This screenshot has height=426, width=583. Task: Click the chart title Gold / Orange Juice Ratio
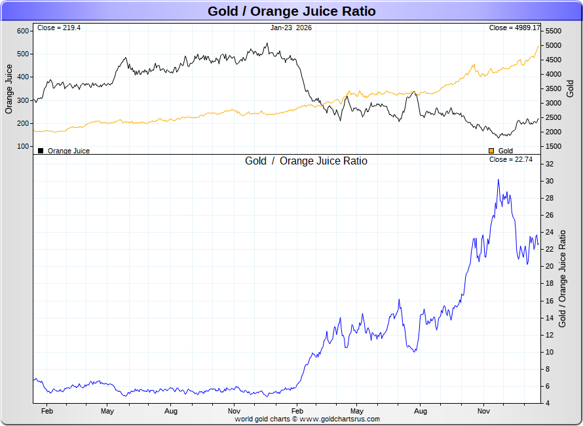291,11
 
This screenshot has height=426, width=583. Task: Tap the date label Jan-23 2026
291,28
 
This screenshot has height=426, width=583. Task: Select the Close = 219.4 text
59,28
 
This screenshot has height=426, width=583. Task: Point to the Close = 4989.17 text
515,28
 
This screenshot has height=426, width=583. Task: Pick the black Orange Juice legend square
41,151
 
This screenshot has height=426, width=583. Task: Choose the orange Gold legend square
491,151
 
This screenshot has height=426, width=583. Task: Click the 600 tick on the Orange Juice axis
22,31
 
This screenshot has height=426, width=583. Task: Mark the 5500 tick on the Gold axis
554,31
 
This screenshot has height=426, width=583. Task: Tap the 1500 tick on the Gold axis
554,146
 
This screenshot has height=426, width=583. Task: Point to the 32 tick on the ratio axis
550,164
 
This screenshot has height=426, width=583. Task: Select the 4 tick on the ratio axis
548,403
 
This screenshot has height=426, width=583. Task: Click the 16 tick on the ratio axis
550,301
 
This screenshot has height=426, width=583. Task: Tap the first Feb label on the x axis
47,411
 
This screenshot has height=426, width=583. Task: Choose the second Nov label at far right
483,411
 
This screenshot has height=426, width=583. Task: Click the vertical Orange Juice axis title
9,88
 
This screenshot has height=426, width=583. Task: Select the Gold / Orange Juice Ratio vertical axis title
562,283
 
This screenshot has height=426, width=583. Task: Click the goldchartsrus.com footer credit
307,419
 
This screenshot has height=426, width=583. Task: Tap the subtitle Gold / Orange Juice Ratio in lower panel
306,161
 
